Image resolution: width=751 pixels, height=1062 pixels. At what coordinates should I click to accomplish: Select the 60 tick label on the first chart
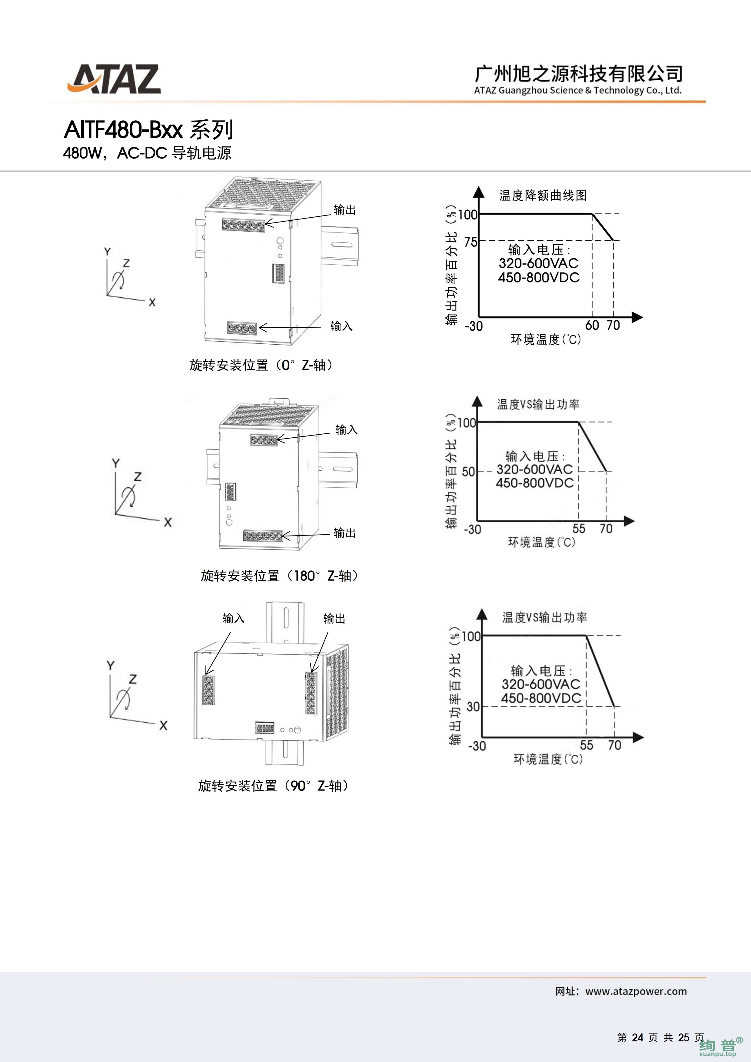pyautogui.click(x=592, y=325)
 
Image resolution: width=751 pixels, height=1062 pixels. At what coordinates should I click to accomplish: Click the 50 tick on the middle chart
pyautogui.click(x=468, y=471)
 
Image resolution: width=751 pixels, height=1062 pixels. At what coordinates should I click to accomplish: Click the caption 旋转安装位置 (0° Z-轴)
pyautogui.click(x=261, y=366)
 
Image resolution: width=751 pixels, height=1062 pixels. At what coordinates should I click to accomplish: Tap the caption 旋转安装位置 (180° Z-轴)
pyautogui.click(x=280, y=576)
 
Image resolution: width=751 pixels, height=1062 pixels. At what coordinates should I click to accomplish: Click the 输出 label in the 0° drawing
pyautogui.click(x=345, y=210)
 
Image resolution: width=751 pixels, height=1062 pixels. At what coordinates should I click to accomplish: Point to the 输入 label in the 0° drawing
pyautogui.click(x=341, y=326)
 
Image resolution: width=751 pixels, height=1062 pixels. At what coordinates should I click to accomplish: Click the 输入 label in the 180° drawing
pyautogui.click(x=346, y=430)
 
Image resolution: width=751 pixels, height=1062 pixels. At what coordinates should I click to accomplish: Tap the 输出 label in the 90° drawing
pyautogui.click(x=334, y=618)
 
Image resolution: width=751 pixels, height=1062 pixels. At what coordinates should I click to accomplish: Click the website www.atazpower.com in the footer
pyautogui.click(x=636, y=991)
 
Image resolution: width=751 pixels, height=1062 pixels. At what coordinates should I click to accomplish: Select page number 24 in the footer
pyautogui.click(x=638, y=1037)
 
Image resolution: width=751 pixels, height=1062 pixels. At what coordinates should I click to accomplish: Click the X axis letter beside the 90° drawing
pyautogui.click(x=163, y=726)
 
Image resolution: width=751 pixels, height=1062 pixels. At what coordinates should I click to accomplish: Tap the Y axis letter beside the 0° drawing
pyautogui.click(x=107, y=252)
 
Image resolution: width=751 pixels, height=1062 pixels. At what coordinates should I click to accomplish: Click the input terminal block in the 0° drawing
pyautogui.click(x=242, y=328)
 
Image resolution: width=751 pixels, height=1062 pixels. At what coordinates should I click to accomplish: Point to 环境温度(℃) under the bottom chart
pyautogui.click(x=548, y=759)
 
